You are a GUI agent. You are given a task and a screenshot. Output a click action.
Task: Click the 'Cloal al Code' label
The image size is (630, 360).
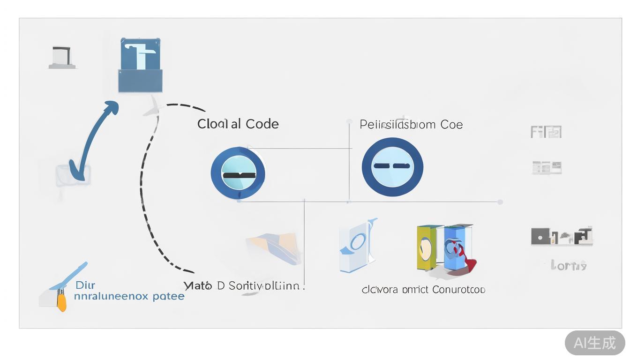pyautogui.click(x=238, y=124)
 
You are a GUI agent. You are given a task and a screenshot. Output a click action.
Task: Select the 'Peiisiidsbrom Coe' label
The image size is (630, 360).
pyautogui.click(x=411, y=125)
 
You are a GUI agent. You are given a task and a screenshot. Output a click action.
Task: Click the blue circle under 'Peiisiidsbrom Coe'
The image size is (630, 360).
pyautogui.click(x=392, y=167)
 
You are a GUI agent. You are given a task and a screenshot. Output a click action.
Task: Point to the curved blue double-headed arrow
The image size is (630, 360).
pyautogui.click(x=91, y=141)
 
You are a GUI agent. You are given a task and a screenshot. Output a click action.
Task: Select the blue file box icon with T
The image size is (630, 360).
pyautogui.click(x=141, y=66)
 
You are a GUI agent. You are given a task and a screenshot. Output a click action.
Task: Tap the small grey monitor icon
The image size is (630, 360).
pyautogui.click(x=62, y=58)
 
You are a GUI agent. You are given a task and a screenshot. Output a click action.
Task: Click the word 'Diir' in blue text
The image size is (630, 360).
pyautogui.click(x=85, y=285)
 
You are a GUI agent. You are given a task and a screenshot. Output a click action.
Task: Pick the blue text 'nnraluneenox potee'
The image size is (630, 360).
pyautogui.click(x=129, y=296)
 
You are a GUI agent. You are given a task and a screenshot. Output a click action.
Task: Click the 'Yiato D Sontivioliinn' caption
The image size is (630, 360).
pyautogui.click(x=244, y=286)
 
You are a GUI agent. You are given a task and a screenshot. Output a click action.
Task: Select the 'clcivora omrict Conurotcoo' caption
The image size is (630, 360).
pyautogui.click(x=423, y=290)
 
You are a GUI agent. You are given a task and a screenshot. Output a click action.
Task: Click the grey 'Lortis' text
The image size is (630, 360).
pyautogui.click(x=569, y=266)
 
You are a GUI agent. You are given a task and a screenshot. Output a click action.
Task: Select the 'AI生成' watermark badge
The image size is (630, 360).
pyautogui.click(x=594, y=343)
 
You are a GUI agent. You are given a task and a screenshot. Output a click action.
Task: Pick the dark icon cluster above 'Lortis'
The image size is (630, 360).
pyautogui.click(x=562, y=236)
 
